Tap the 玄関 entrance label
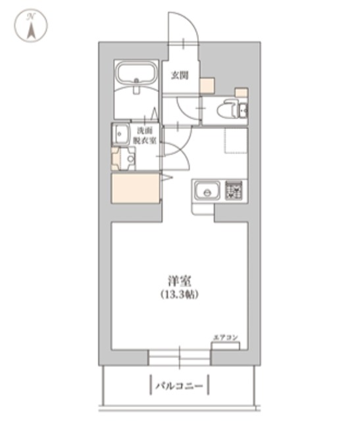[x=180, y=75]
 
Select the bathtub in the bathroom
[x=135, y=77]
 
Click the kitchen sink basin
[x=207, y=191]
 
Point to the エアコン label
[x=225, y=337]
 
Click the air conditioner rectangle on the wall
[x=225, y=346]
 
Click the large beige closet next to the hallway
[x=136, y=188]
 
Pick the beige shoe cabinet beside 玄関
[x=207, y=85]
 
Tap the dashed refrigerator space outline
[x=235, y=141]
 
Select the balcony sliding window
[x=179, y=357]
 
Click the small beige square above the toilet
[x=242, y=93]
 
